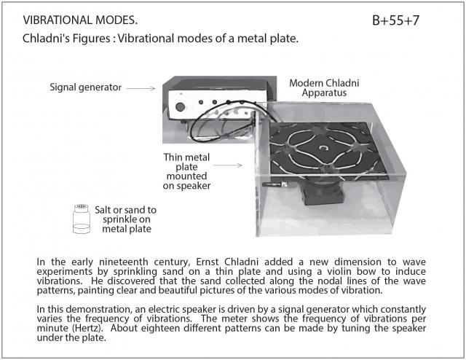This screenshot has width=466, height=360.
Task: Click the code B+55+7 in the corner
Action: pos(395,20)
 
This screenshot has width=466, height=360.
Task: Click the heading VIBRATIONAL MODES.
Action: pos(80,20)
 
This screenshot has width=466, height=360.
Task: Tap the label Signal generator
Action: pos(86,87)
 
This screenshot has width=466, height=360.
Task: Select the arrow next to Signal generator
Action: pos(141,88)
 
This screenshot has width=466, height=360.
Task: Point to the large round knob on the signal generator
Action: pos(180,107)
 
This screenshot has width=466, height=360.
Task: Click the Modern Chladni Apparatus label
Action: pos(324,87)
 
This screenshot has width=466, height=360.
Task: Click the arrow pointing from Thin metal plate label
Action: pos(228,165)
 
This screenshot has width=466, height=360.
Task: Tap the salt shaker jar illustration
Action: pos(82,219)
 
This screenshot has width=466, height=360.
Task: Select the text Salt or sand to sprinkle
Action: pos(126,214)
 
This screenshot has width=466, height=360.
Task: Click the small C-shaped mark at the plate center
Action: pos(323,148)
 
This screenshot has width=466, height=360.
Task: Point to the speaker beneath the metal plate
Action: pos(323,193)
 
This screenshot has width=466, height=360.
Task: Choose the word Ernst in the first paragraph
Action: pos(208,262)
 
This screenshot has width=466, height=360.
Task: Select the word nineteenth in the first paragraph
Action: pos(123,262)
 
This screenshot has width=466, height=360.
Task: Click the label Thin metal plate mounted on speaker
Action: pos(186,171)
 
